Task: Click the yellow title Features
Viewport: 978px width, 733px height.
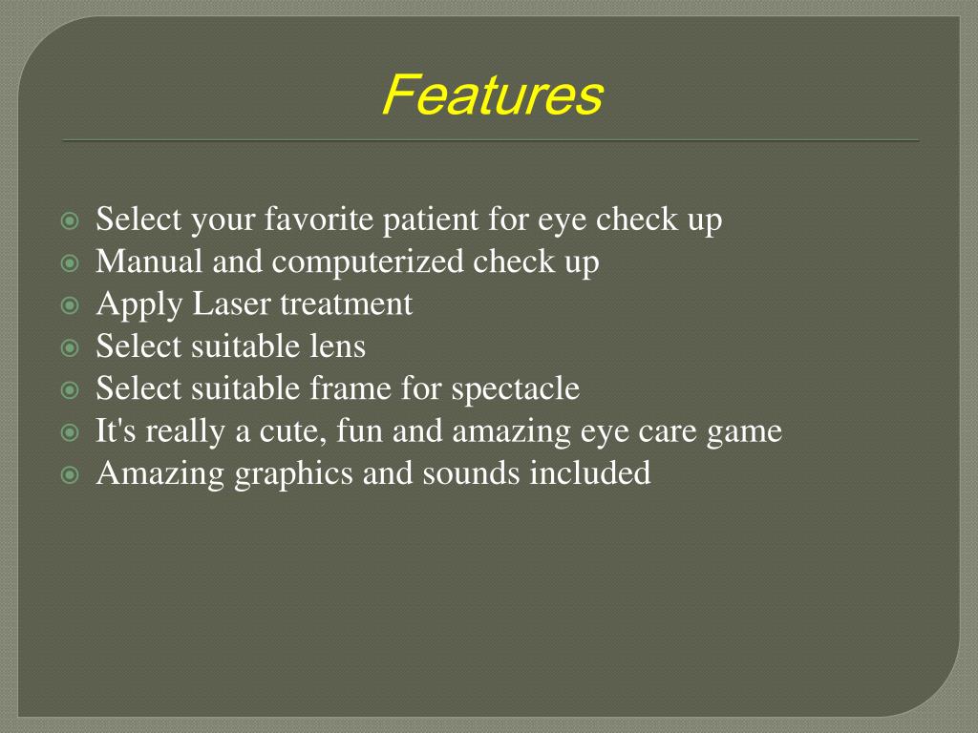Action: tap(492, 95)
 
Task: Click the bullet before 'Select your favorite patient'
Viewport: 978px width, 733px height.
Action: tap(69, 221)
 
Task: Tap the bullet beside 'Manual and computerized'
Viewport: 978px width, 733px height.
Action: tap(69, 263)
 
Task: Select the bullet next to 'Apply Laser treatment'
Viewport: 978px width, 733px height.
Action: tap(69, 305)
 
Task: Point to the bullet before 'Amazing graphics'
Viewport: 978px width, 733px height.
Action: tap(69, 474)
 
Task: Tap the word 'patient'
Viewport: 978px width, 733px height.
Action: tap(430, 220)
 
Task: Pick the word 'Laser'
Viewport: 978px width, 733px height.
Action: tap(232, 304)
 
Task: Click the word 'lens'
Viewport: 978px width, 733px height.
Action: tap(339, 346)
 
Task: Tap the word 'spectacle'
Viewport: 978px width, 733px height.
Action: tap(515, 388)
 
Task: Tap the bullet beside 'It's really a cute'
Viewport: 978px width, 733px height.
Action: tap(69, 432)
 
